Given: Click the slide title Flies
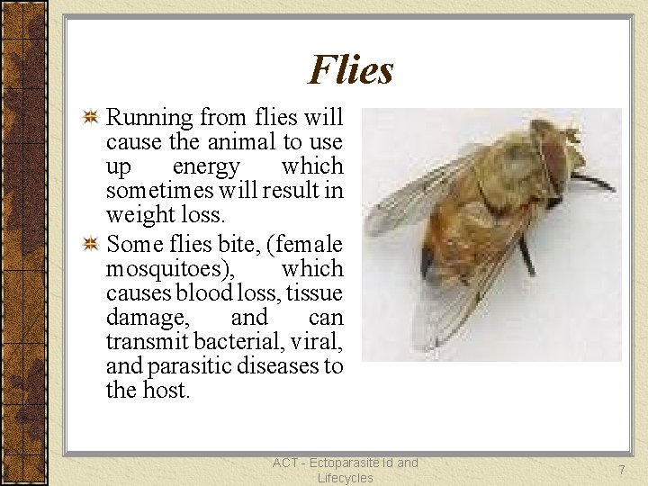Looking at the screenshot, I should tap(351, 69).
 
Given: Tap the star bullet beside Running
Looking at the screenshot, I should tap(90, 117).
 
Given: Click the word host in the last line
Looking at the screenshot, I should tap(167, 391).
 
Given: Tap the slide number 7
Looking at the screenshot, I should tap(620, 470).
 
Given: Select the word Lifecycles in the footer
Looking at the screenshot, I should tap(345, 478).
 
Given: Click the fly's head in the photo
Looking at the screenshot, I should tap(558, 153).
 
